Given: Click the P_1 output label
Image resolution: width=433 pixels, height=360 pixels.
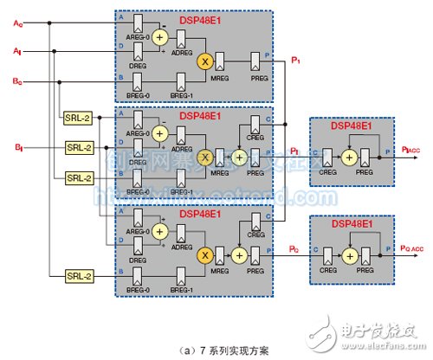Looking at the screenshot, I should (x=296, y=60).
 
